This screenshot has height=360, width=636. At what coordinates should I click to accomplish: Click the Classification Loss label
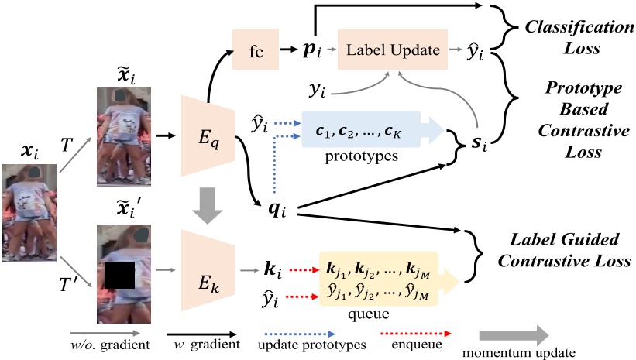click(569, 36)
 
